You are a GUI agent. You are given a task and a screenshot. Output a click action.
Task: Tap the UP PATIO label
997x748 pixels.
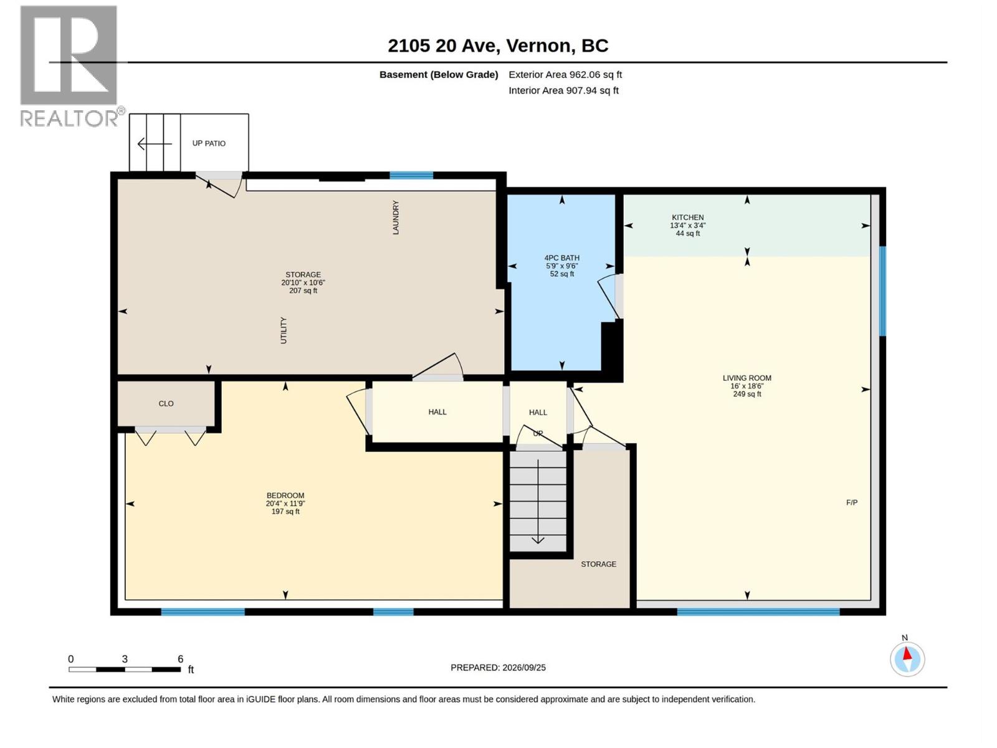click(x=209, y=143)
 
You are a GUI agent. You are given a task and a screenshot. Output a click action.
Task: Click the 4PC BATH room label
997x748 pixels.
click(x=562, y=258)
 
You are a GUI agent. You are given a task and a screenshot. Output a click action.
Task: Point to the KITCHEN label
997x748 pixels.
click(x=688, y=218)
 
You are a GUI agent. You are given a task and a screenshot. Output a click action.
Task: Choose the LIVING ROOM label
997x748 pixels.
click(x=747, y=378)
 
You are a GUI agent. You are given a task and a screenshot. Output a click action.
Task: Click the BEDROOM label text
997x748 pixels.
click(x=285, y=496)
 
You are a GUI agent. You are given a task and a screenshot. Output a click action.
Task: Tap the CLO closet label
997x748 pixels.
click(x=166, y=403)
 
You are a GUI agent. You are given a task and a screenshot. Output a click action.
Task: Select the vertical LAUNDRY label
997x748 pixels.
click(x=396, y=218)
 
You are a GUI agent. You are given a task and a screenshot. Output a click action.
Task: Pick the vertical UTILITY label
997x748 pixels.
click(x=284, y=330)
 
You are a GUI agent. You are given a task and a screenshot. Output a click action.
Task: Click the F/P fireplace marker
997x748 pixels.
click(x=852, y=502)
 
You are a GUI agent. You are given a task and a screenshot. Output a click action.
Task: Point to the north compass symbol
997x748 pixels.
click(x=907, y=659)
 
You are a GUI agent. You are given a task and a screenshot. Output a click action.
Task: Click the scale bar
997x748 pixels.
click(x=125, y=669)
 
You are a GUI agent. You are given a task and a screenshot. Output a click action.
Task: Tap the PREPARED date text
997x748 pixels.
click(x=498, y=668)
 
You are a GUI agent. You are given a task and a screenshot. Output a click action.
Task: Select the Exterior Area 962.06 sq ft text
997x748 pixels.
click(x=565, y=74)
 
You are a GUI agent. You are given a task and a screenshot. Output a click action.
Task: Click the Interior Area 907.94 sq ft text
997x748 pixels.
click(x=563, y=90)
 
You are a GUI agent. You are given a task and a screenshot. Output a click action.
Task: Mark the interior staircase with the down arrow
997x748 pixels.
click(x=538, y=501)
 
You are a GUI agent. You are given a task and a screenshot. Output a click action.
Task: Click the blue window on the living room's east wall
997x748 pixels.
click(x=882, y=291)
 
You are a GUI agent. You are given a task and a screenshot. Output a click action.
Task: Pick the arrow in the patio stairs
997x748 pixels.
click(x=155, y=144)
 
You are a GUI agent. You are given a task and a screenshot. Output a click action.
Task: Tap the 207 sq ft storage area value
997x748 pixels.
click(x=303, y=290)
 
